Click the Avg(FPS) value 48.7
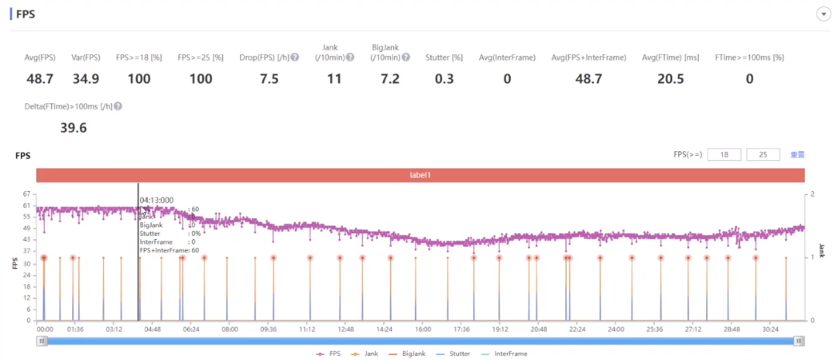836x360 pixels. [39, 79]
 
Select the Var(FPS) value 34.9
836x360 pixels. [86, 79]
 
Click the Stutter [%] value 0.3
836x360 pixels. [444, 79]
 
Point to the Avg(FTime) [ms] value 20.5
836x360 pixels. [670, 79]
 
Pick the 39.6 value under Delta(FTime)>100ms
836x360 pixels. [74, 128]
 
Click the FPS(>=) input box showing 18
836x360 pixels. [724, 155]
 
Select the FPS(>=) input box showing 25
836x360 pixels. [763, 155]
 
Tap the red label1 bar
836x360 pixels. [420, 176]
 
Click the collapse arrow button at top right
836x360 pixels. [823, 15]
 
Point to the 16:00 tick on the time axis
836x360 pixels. [423, 329]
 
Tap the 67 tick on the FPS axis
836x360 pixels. [26, 194]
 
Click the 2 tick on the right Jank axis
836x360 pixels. [811, 194]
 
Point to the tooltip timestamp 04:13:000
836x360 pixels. [156, 200]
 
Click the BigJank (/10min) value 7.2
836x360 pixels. [385, 79]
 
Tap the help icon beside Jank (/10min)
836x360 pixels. [350, 57]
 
